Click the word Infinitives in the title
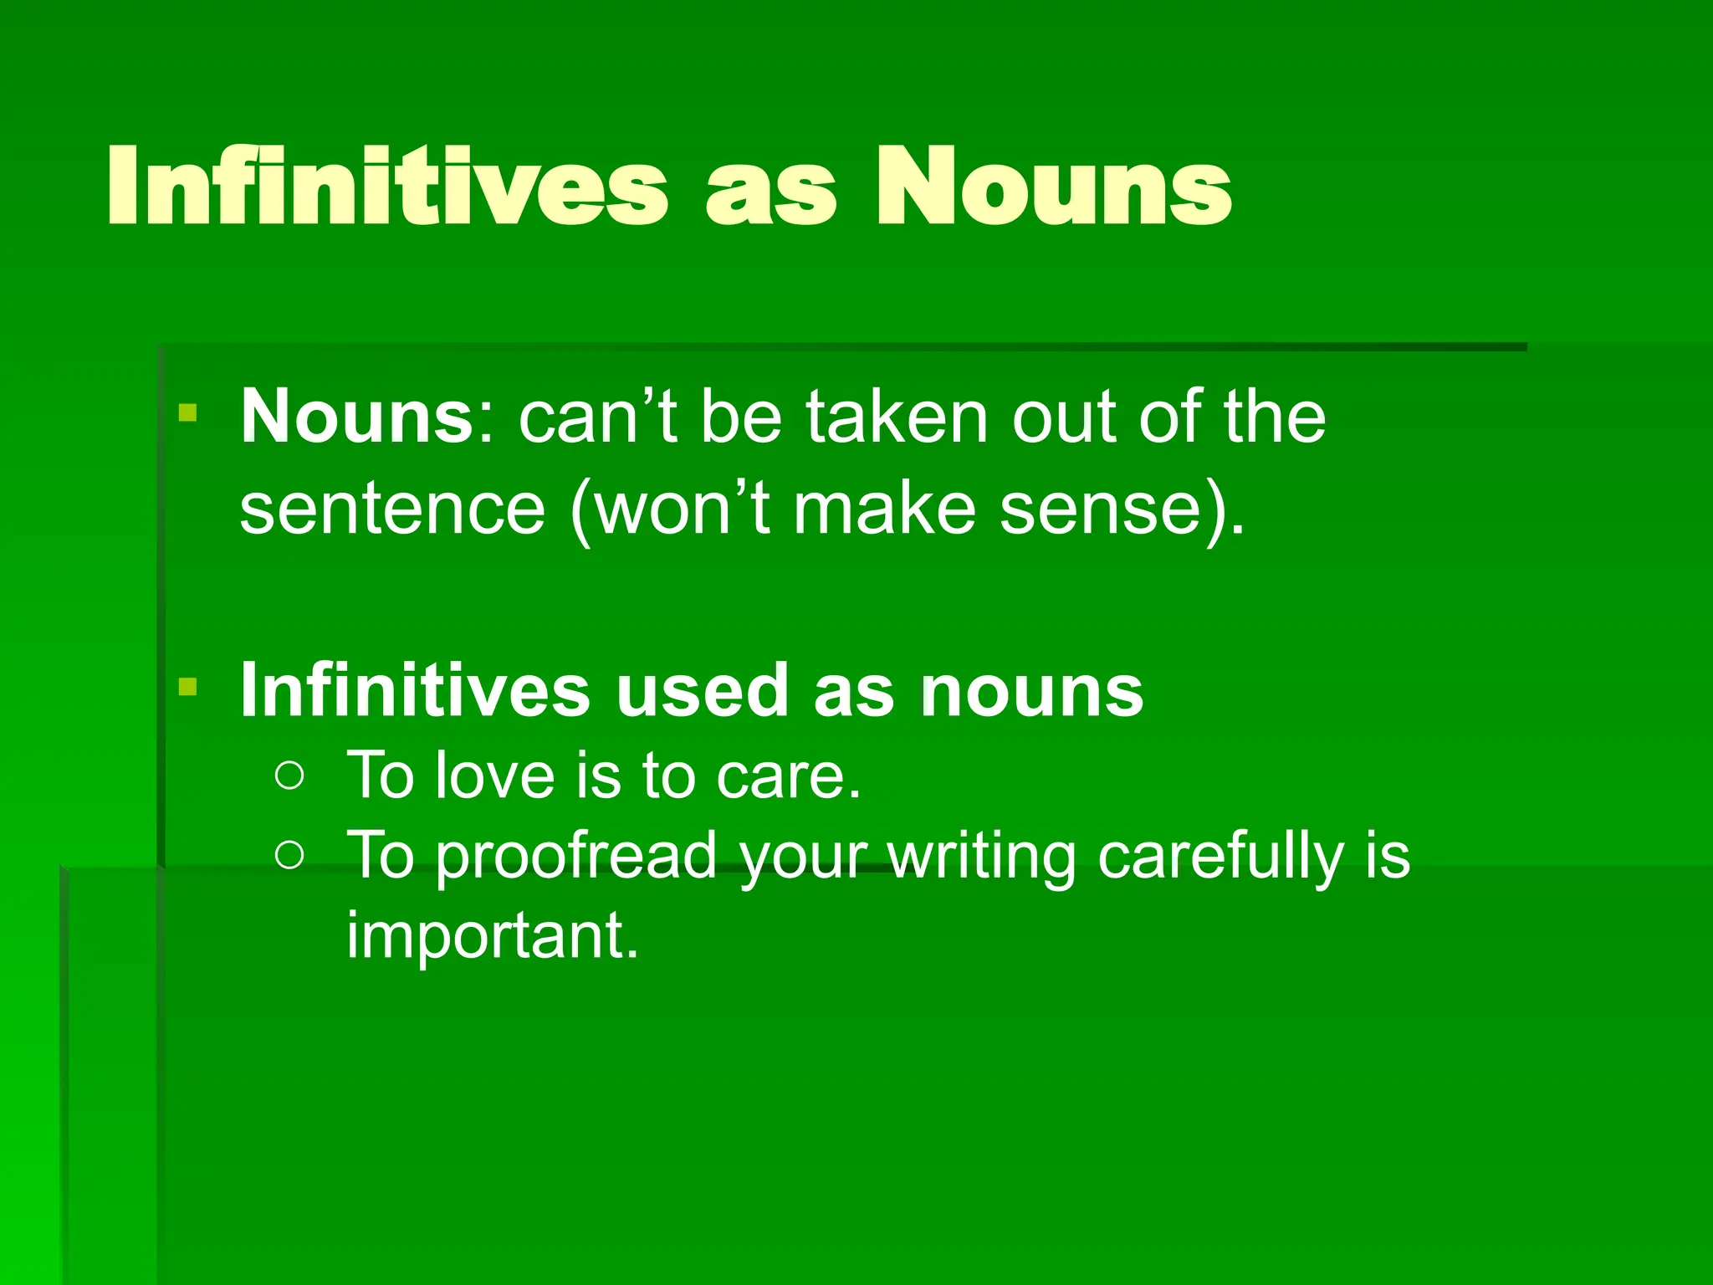point(386,186)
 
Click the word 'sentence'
point(392,510)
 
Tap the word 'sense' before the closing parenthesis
point(1100,510)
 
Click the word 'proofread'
point(576,855)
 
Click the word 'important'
point(492,935)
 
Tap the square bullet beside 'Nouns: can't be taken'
point(187,413)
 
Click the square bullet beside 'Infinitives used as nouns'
point(187,688)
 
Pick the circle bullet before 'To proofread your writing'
point(289,855)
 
